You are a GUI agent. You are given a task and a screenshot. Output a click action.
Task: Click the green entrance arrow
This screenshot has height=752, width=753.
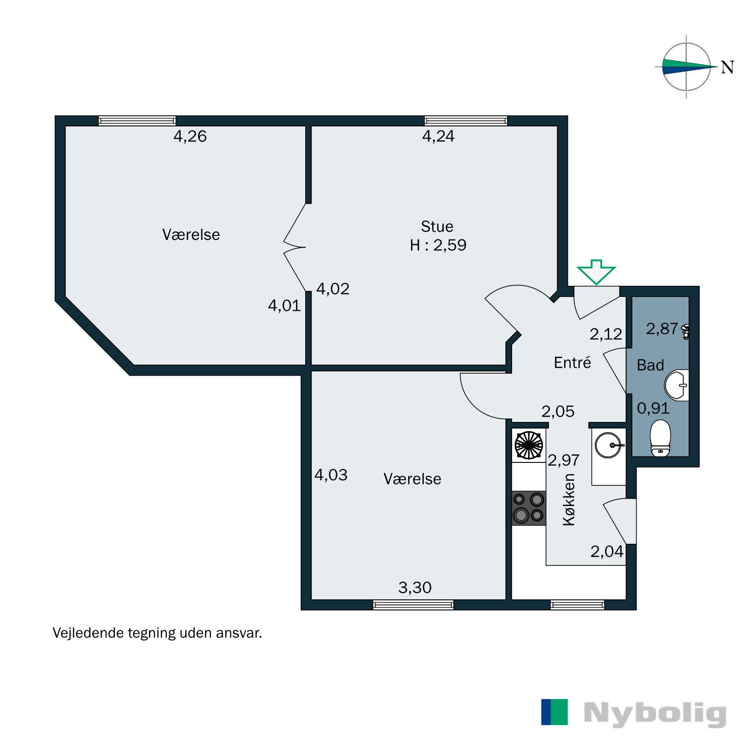(596, 272)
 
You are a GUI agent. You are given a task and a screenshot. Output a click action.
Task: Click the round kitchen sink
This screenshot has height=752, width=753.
(609, 445)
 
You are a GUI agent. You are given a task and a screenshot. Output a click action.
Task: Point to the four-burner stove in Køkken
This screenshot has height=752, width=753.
(529, 508)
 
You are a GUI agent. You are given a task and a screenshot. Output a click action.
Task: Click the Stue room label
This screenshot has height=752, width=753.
(437, 227)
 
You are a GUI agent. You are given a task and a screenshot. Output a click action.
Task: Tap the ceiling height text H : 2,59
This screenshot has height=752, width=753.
(438, 245)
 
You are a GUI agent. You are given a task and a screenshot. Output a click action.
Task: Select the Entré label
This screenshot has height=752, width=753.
(572, 363)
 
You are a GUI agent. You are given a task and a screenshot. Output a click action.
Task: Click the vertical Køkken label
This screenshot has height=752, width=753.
(569, 500)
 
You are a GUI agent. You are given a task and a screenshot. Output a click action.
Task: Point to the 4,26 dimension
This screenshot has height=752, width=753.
(190, 137)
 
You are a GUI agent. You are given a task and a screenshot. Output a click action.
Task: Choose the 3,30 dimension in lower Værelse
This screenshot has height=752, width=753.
(415, 588)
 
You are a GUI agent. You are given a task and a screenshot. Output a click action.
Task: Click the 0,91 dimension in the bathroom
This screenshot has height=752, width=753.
(653, 408)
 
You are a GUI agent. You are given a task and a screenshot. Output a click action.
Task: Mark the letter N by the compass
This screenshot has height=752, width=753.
(727, 68)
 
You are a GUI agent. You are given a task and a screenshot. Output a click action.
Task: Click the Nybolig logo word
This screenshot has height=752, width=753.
(655, 713)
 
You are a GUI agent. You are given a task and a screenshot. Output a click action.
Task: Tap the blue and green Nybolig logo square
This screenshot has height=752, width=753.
(554, 712)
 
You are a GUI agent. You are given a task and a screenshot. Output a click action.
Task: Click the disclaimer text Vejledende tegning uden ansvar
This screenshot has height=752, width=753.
(157, 633)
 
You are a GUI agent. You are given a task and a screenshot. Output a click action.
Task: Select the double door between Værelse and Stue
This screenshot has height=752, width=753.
(294, 247)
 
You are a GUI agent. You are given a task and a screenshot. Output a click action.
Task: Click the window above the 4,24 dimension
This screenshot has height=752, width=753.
(465, 121)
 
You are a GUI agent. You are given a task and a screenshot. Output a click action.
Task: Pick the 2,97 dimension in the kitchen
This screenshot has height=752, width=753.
(563, 460)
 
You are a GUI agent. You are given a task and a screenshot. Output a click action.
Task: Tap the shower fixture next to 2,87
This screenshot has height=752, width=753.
(685, 331)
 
